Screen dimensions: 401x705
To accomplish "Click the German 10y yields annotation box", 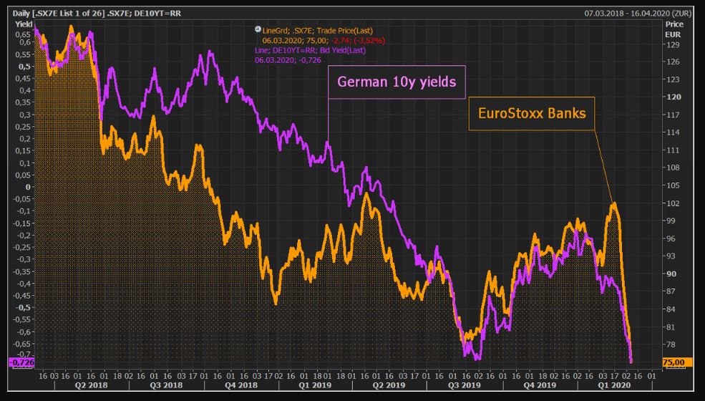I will pyautogui.click(x=397, y=82).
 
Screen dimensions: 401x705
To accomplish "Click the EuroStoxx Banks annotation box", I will pyautogui.click(x=532, y=113).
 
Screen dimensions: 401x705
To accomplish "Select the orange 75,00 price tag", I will pyautogui.click(x=674, y=363).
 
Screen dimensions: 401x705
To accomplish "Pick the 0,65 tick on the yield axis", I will pyautogui.click(x=23, y=34).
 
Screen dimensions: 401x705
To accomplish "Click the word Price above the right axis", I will pyautogui.click(x=674, y=24).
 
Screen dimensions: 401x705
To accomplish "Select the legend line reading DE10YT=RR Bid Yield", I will pyautogui.click(x=311, y=51).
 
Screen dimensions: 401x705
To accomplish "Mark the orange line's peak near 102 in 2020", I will pyautogui.click(x=613, y=204).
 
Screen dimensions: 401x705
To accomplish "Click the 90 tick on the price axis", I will pyautogui.click(x=671, y=274).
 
